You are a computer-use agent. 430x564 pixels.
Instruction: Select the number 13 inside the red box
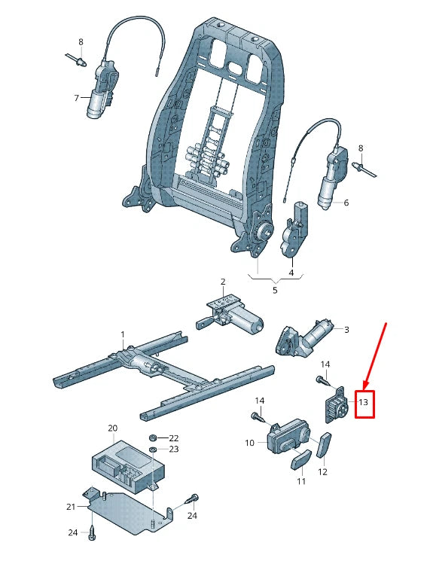pyautogui.click(x=363, y=403)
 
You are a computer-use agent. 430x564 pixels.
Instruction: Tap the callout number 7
pyautogui.click(x=76, y=98)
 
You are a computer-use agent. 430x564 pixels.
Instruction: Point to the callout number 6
pyautogui.click(x=346, y=203)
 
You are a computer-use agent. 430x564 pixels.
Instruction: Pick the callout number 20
pyautogui.click(x=112, y=428)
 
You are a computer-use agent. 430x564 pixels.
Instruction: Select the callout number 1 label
pyautogui.click(x=122, y=334)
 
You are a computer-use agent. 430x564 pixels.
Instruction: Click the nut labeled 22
pyautogui.click(x=154, y=437)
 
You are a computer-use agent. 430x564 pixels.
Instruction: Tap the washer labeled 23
pyautogui.click(x=154, y=450)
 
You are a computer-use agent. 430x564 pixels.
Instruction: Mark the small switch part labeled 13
pyautogui.click(x=336, y=407)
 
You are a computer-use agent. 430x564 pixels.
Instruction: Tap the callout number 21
pyautogui.click(x=72, y=506)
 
